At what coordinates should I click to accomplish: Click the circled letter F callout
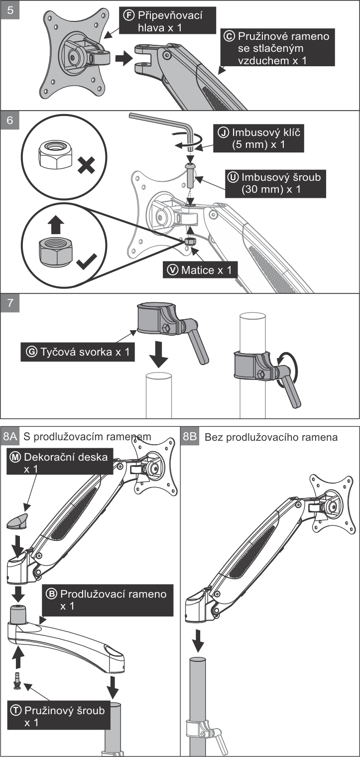click(128, 15)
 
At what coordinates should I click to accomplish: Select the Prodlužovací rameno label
click(108, 600)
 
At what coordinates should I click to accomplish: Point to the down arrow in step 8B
click(199, 639)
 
